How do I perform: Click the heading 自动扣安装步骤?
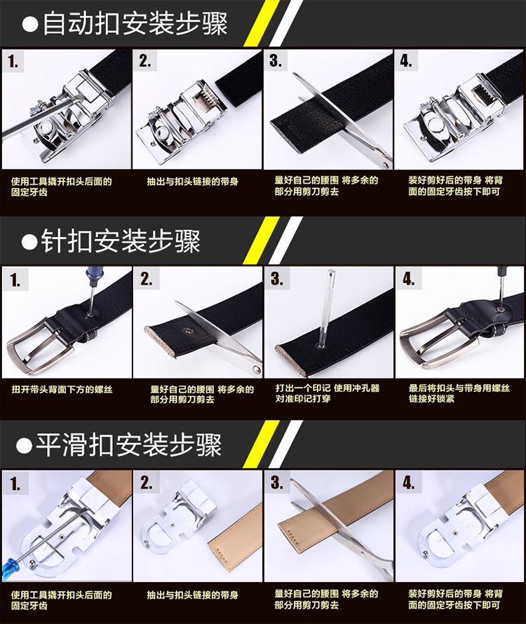pyautogui.click(x=135, y=23)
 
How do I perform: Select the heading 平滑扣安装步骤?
pyautogui.click(x=129, y=445)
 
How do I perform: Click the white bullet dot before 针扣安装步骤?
pyautogui.click(x=29, y=242)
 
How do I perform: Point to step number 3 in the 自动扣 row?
pyautogui.click(x=275, y=60)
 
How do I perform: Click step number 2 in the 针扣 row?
pyautogui.click(x=146, y=278)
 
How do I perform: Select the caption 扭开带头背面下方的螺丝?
pyautogui.click(x=62, y=389)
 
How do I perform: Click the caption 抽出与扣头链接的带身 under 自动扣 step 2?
pyautogui.click(x=192, y=182)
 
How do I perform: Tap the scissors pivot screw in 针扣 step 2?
pyautogui.click(x=255, y=371)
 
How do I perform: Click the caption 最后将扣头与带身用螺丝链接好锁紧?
pyautogui.click(x=459, y=393)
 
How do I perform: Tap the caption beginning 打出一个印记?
pyautogui.click(x=328, y=393)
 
